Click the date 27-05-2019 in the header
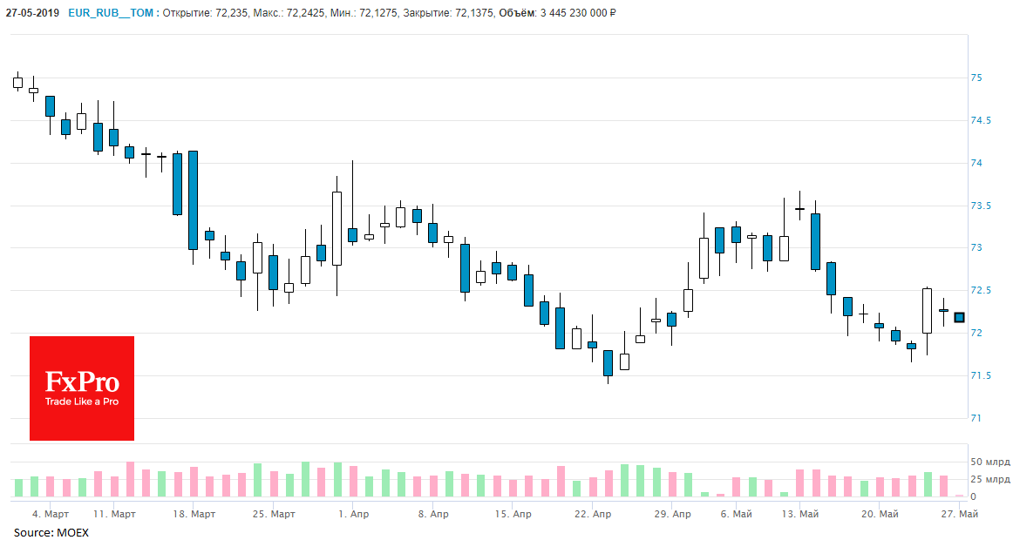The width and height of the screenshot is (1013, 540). coord(31,12)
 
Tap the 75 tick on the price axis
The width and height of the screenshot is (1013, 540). coord(976,78)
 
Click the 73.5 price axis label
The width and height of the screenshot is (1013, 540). coord(982,206)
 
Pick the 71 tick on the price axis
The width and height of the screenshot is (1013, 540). coord(976,419)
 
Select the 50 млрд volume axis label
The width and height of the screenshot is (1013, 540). coord(990,462)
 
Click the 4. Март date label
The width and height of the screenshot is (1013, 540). coord(50,515)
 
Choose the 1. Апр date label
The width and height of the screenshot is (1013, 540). coord(353,515)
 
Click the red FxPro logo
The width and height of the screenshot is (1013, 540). coord(82,388)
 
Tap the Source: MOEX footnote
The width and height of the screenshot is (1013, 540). coord(51,532)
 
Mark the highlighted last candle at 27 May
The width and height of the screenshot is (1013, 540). coord(960,318)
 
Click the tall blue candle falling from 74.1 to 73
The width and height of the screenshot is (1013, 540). coord(193,200)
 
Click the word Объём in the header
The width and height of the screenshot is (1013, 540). coord(517,12)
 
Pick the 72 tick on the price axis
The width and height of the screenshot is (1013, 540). coord(976,334)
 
